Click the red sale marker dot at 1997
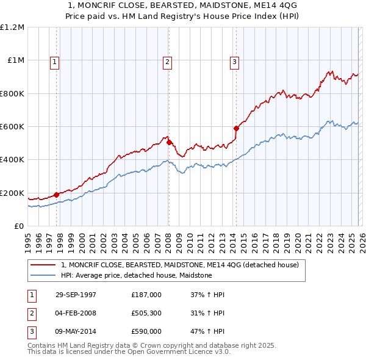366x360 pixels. click(57, 195)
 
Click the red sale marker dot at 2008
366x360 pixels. click(168, 142)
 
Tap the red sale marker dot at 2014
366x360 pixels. click(235, 128)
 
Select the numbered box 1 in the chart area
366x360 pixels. click(55, 61)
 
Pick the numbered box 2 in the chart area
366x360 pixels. click(167, 61)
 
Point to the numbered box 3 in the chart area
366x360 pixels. click(234, 61)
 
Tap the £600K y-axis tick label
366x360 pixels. click(12, 127)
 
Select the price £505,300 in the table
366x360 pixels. click(146, 313)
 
